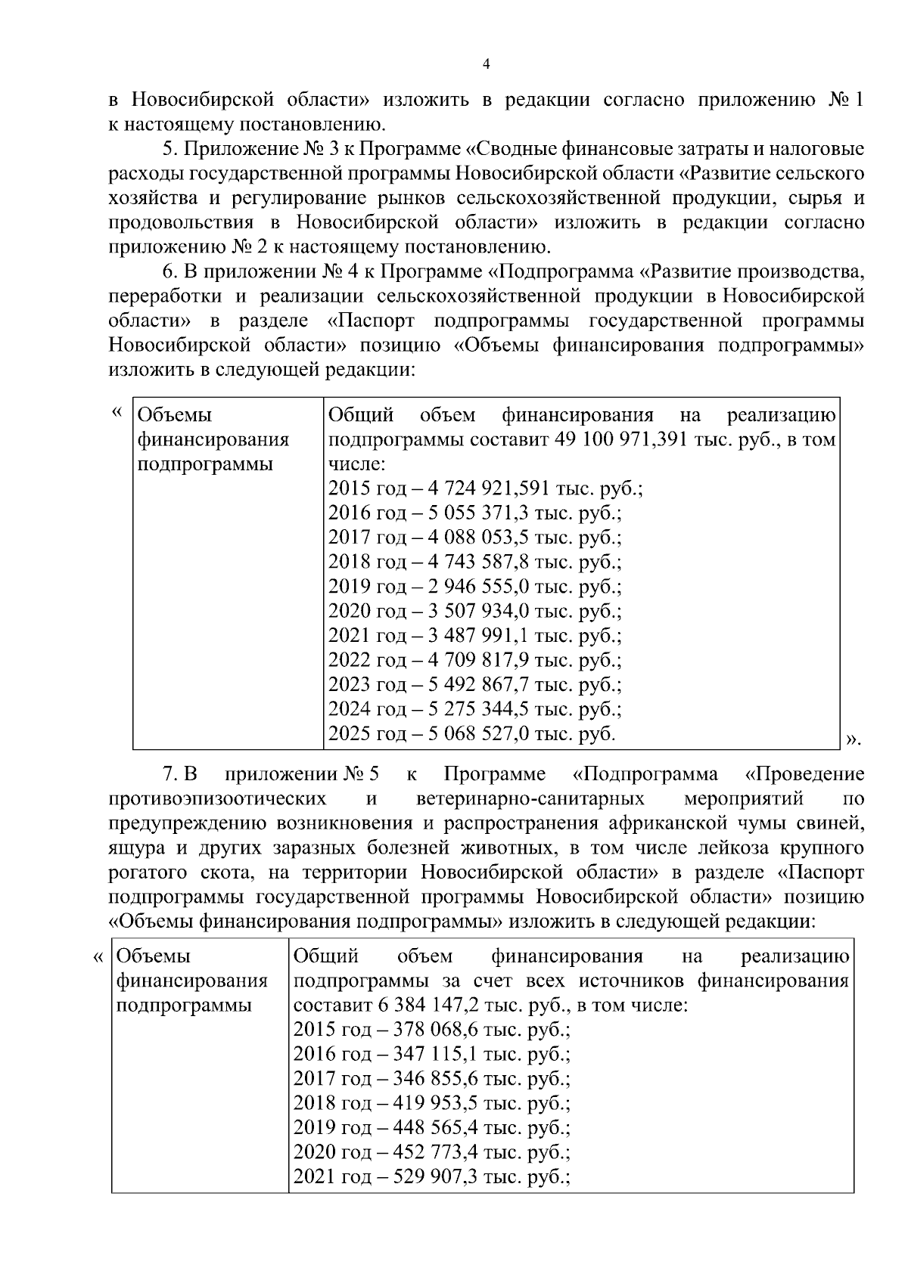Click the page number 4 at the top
486,66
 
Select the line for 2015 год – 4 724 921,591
485,488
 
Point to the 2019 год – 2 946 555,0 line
474,587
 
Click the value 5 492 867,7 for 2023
471,685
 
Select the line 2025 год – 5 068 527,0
471,734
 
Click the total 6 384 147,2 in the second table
414,1006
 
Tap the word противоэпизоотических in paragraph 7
218,799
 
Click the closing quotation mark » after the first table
853,739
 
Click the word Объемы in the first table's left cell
175,415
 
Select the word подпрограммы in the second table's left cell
183,1006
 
